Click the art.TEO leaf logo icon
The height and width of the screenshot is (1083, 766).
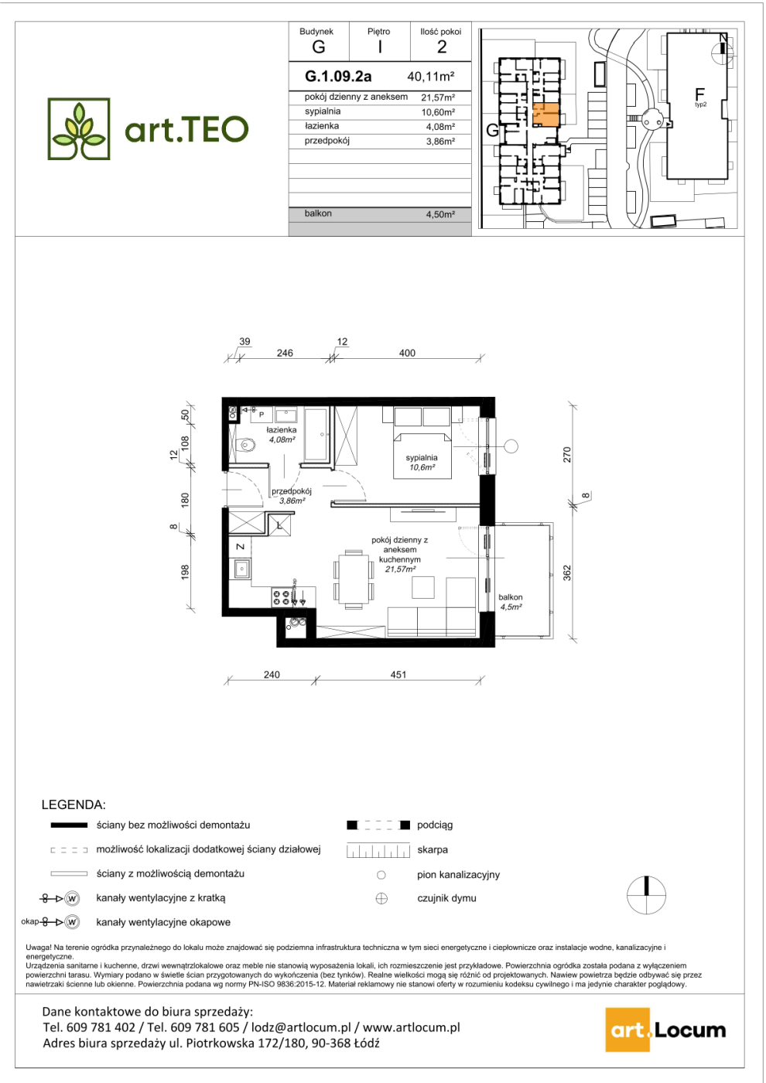pyautogui.click(x=79, y=128)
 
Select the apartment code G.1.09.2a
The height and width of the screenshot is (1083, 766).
pyautogui.click(x=338, y=77)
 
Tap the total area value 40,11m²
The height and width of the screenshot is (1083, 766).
pyautogui.click(x=430, y=77)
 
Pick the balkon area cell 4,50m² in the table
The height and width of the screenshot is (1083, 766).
pyautogui.click(x=440, y=214)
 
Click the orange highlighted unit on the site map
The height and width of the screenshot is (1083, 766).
pyautogui.click(x=546, y=114)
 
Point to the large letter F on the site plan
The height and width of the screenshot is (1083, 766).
pyautogui.click(x=699, y=94)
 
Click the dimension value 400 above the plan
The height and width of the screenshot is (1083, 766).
pyautogui.click(x=407, y=353)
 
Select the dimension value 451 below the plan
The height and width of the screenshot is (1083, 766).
pyautogui.click(x=398, y=675)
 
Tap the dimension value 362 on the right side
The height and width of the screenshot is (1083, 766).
pyautogui.click(x=567, y=572)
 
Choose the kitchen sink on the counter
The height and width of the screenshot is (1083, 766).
pyautogui.click(x=241, y=569)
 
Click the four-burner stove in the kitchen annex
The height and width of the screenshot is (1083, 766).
pyautogui.click(x=282, y=597)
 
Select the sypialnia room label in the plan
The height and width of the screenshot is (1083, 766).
pyautogui.click(x=422, y=457)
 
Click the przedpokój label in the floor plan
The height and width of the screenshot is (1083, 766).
pyautogui.click(x=291, y=491)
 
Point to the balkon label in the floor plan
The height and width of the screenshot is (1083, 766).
pyautogui.click(x=511, y=597)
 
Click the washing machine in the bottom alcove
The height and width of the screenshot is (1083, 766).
pyautogui.click(x=295, y=625)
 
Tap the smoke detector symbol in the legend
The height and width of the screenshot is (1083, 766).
pyautogui.click(x=381, y=899)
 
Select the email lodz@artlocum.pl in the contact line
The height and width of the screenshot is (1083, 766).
pyautogui.click(x=298, y=1027)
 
